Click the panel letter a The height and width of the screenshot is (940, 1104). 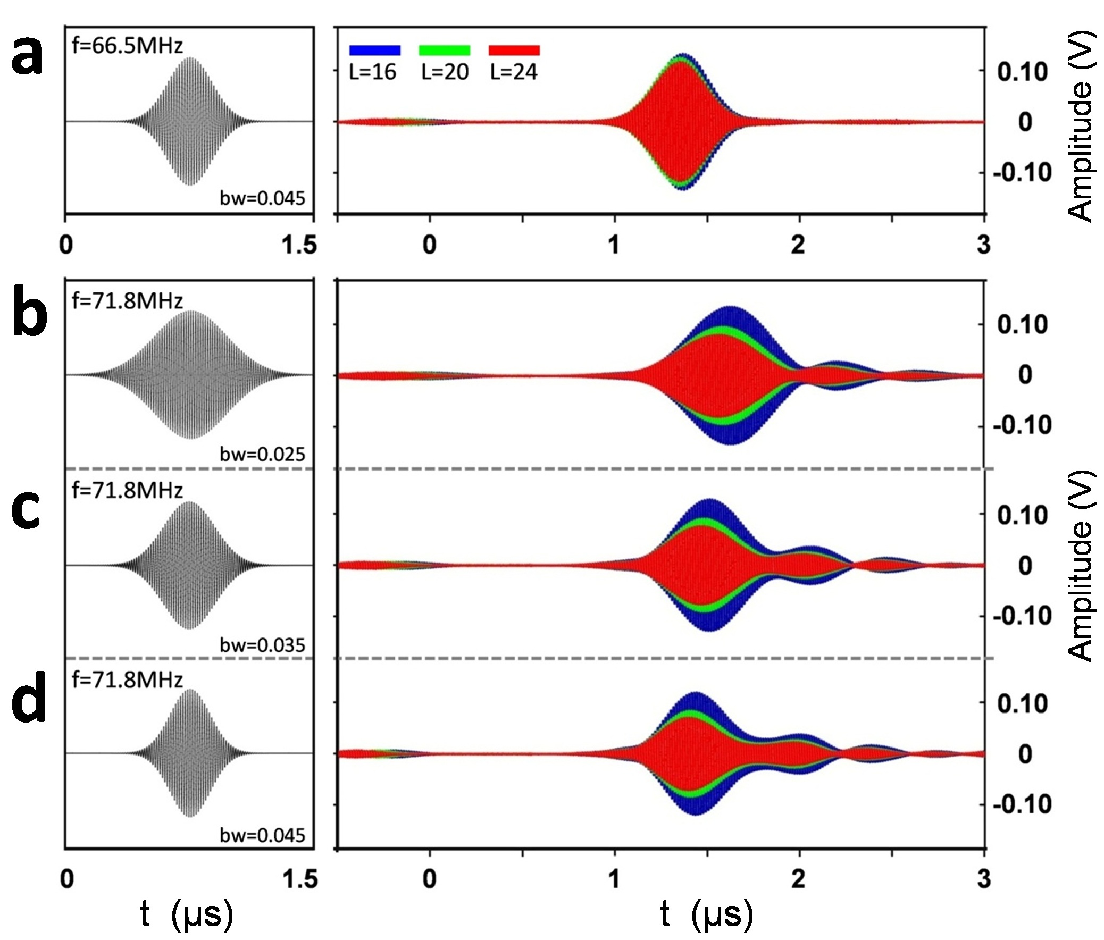coord(28,57)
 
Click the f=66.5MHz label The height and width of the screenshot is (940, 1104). coord(127,46)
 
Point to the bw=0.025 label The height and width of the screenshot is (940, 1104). coord(262,454)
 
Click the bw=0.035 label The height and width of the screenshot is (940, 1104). coord(262,645)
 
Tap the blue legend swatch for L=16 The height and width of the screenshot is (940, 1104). coord(374,50)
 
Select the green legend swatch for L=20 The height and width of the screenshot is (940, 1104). coord(445,50)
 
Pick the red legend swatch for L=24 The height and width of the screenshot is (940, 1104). coord(514,50)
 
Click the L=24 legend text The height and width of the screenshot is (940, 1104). coord(514,72)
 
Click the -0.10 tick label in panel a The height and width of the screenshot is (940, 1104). coord(1023,173)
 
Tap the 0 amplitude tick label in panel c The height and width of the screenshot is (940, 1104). coord(1025,566)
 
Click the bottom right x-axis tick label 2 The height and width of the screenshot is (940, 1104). coord(798,879)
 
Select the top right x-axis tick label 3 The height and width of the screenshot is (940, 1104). coord(984,245)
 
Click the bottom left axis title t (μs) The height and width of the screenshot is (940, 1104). coord(187,915)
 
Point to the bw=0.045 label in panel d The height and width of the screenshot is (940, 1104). coord(262,835)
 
